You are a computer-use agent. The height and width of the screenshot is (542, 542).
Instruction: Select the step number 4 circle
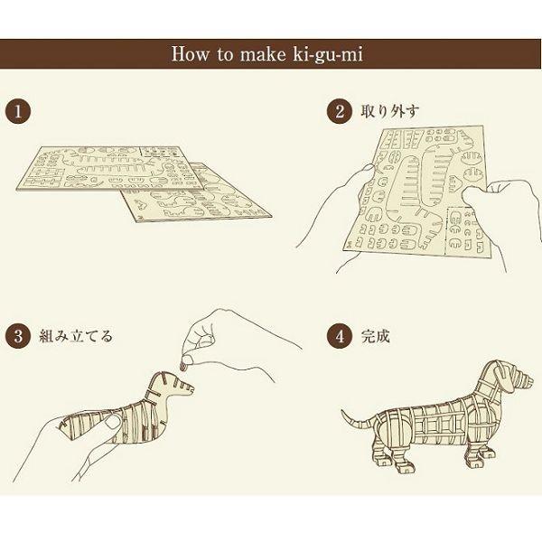click(339, 336)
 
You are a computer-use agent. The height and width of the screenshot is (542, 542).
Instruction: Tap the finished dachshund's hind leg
click(390, 453)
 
